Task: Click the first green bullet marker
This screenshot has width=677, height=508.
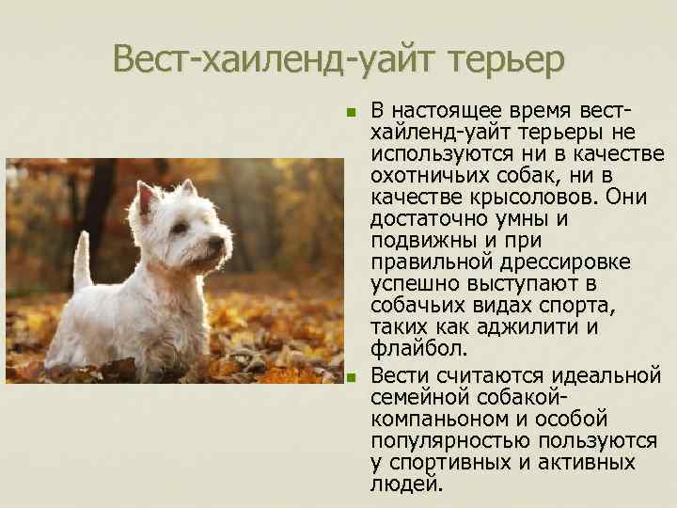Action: point(352,112)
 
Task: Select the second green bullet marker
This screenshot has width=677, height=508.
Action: point(352,378)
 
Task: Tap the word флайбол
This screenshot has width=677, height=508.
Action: point(418,349)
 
